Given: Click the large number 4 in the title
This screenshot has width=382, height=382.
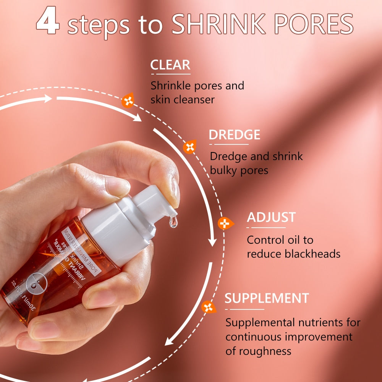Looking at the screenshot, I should pyautogui.click(x=48, y=23).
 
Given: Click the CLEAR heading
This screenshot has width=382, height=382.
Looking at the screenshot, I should pyautogui.click(x=170, y=65).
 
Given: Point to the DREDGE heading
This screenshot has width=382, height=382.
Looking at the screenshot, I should pyautogui.click(x=234, y=135).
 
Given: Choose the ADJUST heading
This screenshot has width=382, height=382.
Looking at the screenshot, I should pyautogui.click(x=271, y=217).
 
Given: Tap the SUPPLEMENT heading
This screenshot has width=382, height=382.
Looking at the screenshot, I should pyautogui.click(x=267, y=298).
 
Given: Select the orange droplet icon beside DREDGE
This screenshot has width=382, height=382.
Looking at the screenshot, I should pyautogui.click(x=189, y=147).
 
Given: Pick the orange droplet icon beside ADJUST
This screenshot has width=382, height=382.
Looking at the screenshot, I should pyautogui.click(x=224, y=223).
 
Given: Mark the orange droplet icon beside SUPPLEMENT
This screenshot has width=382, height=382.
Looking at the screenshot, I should pyautogui.click(x=208, y=307).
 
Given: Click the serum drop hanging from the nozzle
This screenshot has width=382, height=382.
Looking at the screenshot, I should pyautogui.click(x=173, y=222).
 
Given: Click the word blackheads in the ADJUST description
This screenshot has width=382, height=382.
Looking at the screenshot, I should pyautogui.click(x=312, y=254).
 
